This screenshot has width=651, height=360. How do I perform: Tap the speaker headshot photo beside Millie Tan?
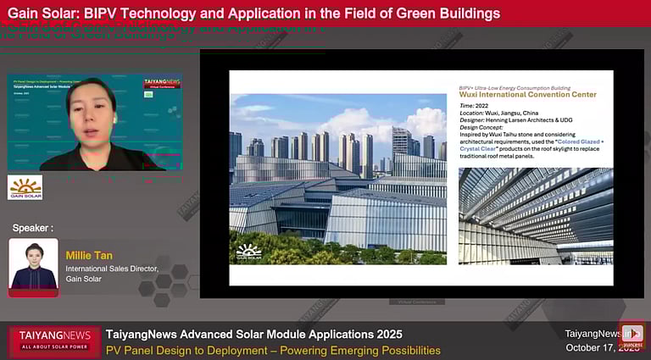tap(33, 266)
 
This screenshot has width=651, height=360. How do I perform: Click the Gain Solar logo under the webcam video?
tap(25, 187)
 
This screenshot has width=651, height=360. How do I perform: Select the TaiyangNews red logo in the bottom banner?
tap(54, 341)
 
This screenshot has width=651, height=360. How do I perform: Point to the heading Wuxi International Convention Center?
tap(528, 95)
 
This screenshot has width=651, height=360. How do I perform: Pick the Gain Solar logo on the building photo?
tap(249, 252)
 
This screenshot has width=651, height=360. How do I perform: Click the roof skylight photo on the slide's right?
tap(534, 215)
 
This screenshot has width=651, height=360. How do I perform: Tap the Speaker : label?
tap(32, 228)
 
